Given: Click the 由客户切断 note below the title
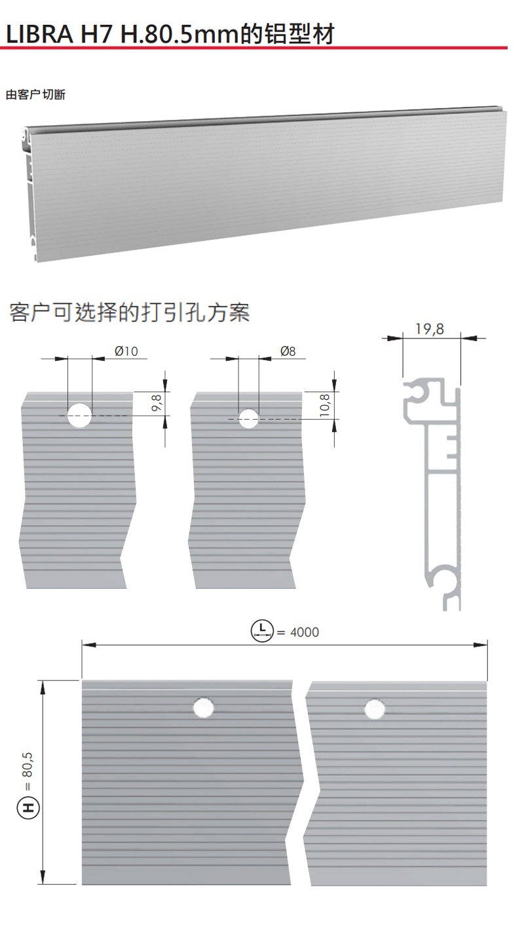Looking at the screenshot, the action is coord(35,94).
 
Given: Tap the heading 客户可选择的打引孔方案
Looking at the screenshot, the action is coord(130,312).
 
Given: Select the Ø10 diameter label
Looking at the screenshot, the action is coord(126,351).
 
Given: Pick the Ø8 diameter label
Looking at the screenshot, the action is coord(288,351).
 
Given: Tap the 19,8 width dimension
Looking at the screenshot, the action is coord(430,329).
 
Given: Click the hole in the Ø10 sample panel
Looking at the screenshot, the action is coord(80,415).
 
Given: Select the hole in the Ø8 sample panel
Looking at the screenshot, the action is coord(248,418).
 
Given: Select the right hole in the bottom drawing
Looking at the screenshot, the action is coord(375,709).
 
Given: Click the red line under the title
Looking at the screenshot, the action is coord(255,48).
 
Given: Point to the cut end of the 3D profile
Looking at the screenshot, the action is coord(29,190).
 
